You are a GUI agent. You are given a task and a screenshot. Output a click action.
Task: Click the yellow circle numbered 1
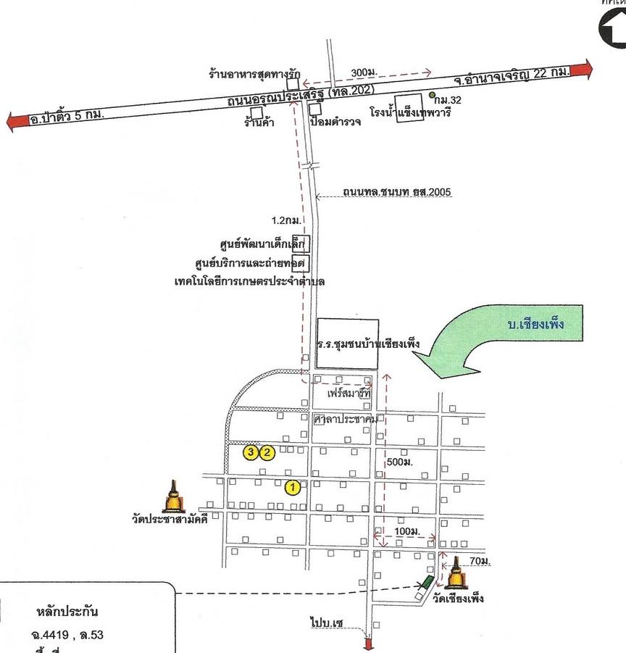(293, 487)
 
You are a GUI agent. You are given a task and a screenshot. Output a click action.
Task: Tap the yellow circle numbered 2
(267, 453)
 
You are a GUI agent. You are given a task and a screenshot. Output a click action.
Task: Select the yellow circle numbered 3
(251, 453)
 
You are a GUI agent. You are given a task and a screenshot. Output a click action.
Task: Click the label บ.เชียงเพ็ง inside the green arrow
(535, 326)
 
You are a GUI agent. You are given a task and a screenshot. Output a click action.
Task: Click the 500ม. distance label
(400, 462)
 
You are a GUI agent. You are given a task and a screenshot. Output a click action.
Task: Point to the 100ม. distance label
(406, 532)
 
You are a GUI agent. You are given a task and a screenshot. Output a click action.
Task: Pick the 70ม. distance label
(479, 562)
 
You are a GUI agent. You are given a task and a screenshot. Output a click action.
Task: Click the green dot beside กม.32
(431, 95)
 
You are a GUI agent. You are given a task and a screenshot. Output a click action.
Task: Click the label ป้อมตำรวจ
(335, 122)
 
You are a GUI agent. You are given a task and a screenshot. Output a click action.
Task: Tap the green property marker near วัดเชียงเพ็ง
(428, 582)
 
